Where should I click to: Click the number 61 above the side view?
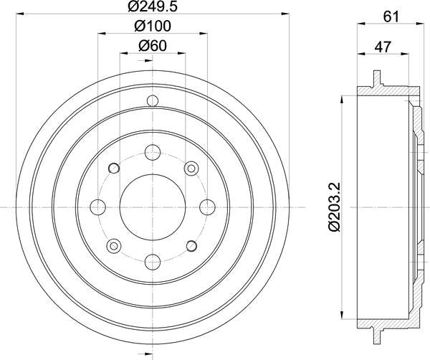click(391, 16)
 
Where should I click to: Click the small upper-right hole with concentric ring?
click(190, 167)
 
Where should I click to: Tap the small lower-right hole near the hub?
click(190, 246)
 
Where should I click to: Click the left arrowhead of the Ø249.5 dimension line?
click(20, 14)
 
